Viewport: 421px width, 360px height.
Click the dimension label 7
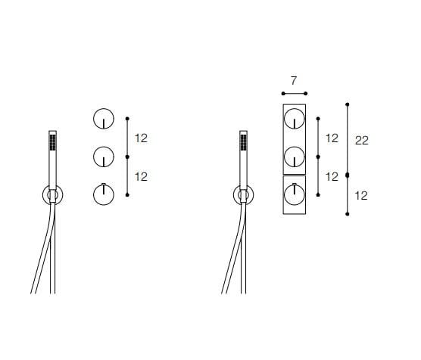coord(294,81)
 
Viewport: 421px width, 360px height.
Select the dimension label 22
coord(362,141)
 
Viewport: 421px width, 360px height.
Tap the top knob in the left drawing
coord(104,119)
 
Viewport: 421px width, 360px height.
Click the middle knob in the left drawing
coord(104,157)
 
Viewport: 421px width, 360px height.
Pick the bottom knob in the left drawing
coord(104,195)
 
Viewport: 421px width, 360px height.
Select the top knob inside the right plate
coord(295,119)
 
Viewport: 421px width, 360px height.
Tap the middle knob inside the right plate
coord(295,157)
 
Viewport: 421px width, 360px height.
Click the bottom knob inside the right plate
coord(295,195)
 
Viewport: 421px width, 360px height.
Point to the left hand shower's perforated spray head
coord(53,142)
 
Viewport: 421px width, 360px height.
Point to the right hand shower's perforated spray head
coord(244,142)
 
